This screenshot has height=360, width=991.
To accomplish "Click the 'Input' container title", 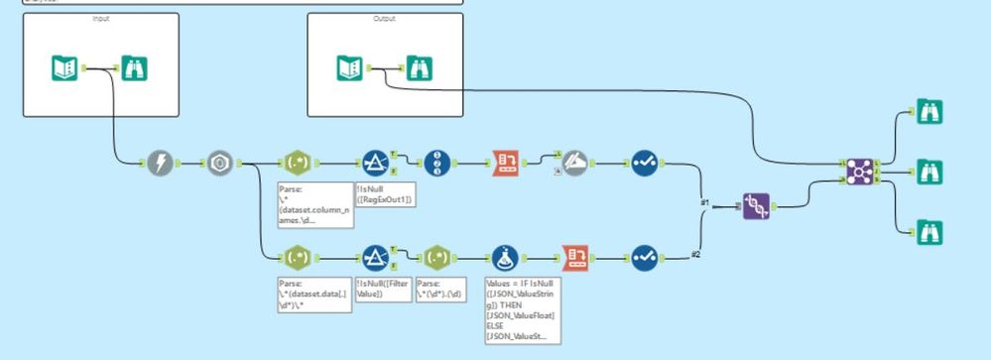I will click(x=101, y=19).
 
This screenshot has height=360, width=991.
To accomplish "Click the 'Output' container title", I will click(x=383, y=19).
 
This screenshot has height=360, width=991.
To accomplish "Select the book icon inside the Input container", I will click(x=64, y=67).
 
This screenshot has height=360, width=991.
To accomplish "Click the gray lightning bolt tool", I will click(x=162, y=163).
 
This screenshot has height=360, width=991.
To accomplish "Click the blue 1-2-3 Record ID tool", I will click(x=436, y=163).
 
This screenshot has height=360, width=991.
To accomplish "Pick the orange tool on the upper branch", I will click(x=506, y=163).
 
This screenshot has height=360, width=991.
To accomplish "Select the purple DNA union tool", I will click(x=756, y=208).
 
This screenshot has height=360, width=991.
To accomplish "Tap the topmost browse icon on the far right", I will click(x=929, y=111).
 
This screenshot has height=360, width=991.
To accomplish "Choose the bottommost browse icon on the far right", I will click(x=929, y=232).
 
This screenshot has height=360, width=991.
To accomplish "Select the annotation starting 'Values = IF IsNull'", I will click(x=519, y=311).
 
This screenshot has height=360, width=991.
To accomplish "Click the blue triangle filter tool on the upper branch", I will click(x=374, y=163).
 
